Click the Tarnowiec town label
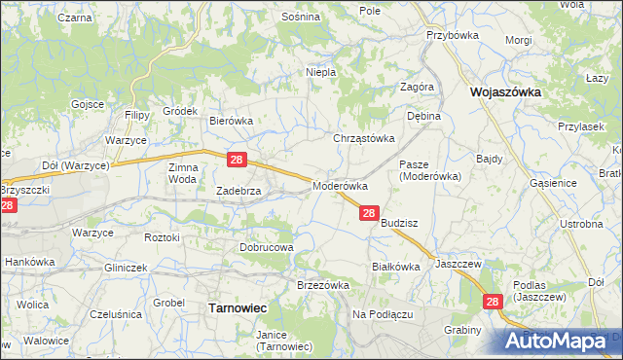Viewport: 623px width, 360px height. (238, 307)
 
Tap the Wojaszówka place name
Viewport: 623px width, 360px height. (505, 92)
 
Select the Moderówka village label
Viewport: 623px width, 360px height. (340, 185)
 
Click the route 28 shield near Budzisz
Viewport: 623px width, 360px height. (369, 212)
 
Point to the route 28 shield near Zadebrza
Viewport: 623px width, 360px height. (237, 159)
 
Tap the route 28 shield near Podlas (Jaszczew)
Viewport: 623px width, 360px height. (492, 303)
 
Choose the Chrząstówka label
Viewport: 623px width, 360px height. (365, 138)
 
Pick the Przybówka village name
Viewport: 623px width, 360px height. (449, 34)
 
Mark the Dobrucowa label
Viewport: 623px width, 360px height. (267, 247)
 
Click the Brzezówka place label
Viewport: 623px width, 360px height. (322, 284)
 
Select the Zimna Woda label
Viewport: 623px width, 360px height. (183, 173)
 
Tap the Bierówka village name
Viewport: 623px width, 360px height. (232, 121)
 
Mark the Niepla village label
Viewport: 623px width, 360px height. (320, 72)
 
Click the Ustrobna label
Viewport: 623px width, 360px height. (581, 225)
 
